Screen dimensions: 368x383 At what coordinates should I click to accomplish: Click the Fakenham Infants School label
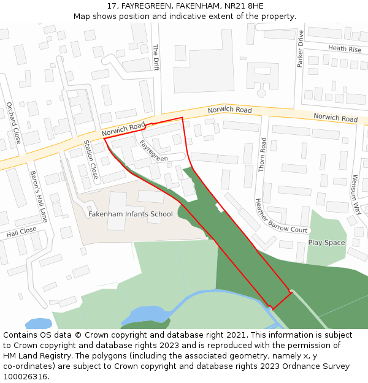coord(131,214)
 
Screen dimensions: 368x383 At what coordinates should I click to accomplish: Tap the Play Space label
coord(326,243)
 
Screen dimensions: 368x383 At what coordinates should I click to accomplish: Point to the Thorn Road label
coord(263,154)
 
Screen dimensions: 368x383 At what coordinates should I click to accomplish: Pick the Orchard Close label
coord(13,123)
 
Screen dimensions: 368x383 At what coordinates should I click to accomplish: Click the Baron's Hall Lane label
coord(38,196)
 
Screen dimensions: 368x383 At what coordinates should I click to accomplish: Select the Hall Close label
coord(21,232)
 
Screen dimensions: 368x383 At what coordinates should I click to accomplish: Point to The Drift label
coord(156,58)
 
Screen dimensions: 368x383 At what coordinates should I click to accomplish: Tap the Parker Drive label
coord(301,49)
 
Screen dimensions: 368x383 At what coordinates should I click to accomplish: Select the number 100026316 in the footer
coord(25,377)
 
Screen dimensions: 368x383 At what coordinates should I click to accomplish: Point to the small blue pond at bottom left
coord(38,323)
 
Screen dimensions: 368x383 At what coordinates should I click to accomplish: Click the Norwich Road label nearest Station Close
coord(123,129)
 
